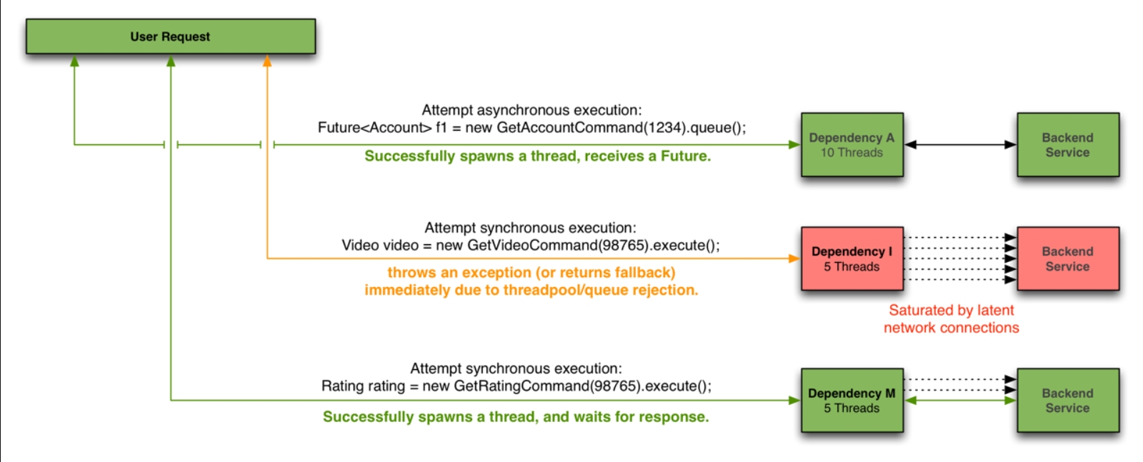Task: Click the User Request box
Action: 170,36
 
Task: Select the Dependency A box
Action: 852,144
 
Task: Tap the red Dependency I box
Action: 852,258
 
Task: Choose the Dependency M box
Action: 852,400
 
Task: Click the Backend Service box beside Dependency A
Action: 1067,144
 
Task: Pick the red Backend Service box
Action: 1067,258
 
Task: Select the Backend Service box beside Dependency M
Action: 1067,400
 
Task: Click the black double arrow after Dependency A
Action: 960,144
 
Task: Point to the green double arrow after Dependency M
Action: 960,401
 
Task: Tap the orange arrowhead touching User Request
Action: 267,61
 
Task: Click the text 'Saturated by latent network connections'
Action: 951,319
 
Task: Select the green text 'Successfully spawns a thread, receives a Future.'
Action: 537,156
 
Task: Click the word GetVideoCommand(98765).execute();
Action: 593,245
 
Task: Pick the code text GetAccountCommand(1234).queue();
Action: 621,128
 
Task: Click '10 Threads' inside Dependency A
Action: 852,152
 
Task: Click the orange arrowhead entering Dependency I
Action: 794,258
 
